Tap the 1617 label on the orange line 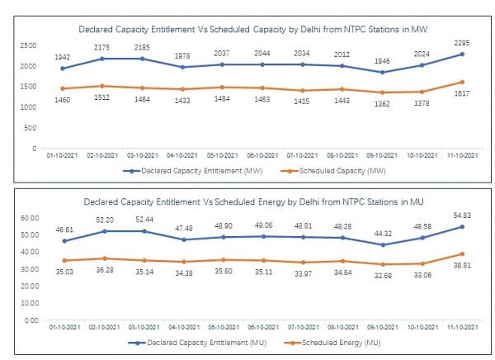click(460, 95)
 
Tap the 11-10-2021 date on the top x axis click(460, 154)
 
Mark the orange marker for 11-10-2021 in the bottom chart click(461, 254)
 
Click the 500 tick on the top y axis click(31, 127)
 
